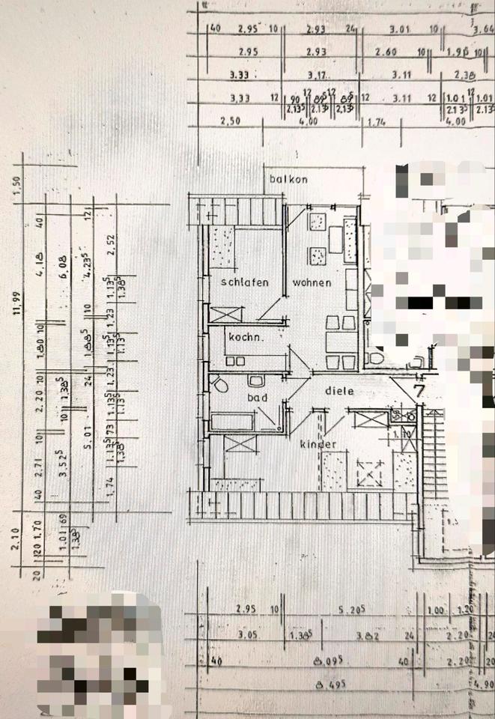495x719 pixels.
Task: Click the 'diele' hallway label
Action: [339, 390]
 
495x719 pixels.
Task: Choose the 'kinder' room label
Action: [318, 445]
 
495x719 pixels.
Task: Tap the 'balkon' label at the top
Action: [288, 180]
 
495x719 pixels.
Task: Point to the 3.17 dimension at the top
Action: [318, 75]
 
